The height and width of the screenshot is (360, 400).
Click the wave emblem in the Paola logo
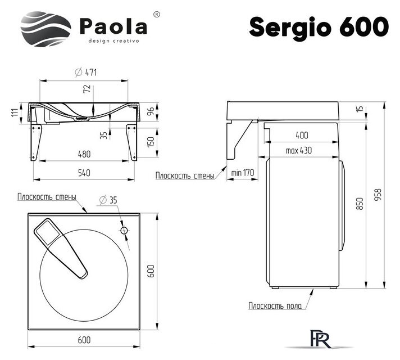tap(46, 29)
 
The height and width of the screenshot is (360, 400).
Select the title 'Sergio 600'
tap(319, 26)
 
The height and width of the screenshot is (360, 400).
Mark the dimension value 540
tap(84, 173)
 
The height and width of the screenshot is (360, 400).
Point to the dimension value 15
tap(360, 109)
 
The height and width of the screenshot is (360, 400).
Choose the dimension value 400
tap(302, 136)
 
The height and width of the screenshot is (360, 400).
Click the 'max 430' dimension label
tap(298, 151)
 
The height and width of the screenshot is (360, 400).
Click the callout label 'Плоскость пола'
tap(275, 306)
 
